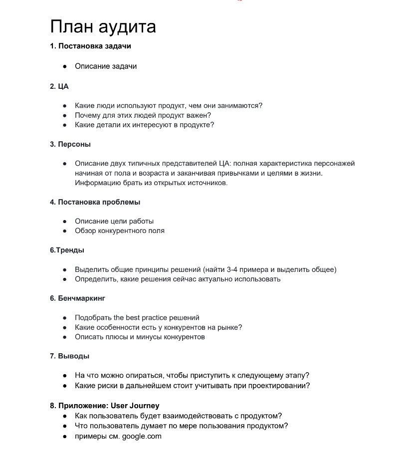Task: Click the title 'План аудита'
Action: [x=103, y=26]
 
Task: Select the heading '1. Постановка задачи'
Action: [x=90, y=46]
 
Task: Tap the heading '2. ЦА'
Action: [x=59, y=86]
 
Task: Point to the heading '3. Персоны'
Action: [x=70, y=144]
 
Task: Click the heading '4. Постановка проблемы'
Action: [x=95, y=202]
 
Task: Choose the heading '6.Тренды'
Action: [x=67, y=250]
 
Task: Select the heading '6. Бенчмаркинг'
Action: [x=77, y=298]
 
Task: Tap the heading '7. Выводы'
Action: [x=69, y=356]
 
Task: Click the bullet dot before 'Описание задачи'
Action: [x=65, y=66]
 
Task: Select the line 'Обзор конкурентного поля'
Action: [x=119, y=231]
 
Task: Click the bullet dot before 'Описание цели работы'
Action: [x=65, y=222]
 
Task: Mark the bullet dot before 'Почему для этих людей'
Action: [x=65, y=115]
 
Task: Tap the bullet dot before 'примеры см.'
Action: [x=65, y=437]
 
